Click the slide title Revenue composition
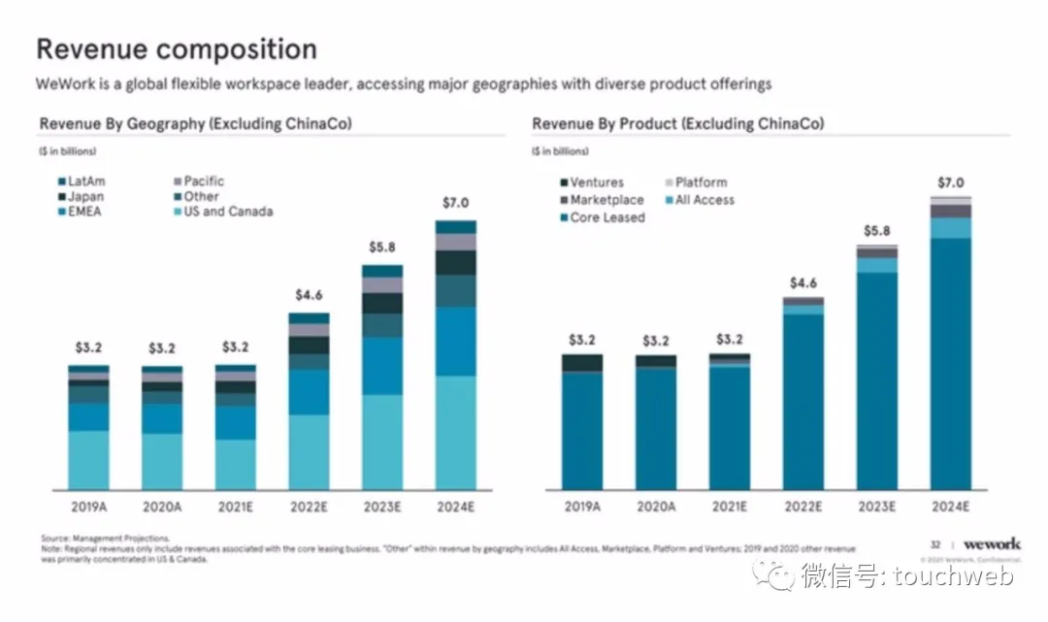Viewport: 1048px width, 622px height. coord(176,49)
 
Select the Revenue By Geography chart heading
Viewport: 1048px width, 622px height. coord(195,124)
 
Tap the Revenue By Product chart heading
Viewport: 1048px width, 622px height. coord(677,124)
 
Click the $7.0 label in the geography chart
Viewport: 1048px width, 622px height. coord(455,203)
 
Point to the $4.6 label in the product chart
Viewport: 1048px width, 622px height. coord(803,282)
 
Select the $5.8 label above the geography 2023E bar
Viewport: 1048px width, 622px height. coord(381,247)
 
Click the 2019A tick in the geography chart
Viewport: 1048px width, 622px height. coord(88,507)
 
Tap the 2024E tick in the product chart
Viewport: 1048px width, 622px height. coord(950,507)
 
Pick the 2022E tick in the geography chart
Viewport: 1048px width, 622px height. coord(309,507)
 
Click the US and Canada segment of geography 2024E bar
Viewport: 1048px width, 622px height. coord(455,432)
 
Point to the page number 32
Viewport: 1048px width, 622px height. coord(935,545)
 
